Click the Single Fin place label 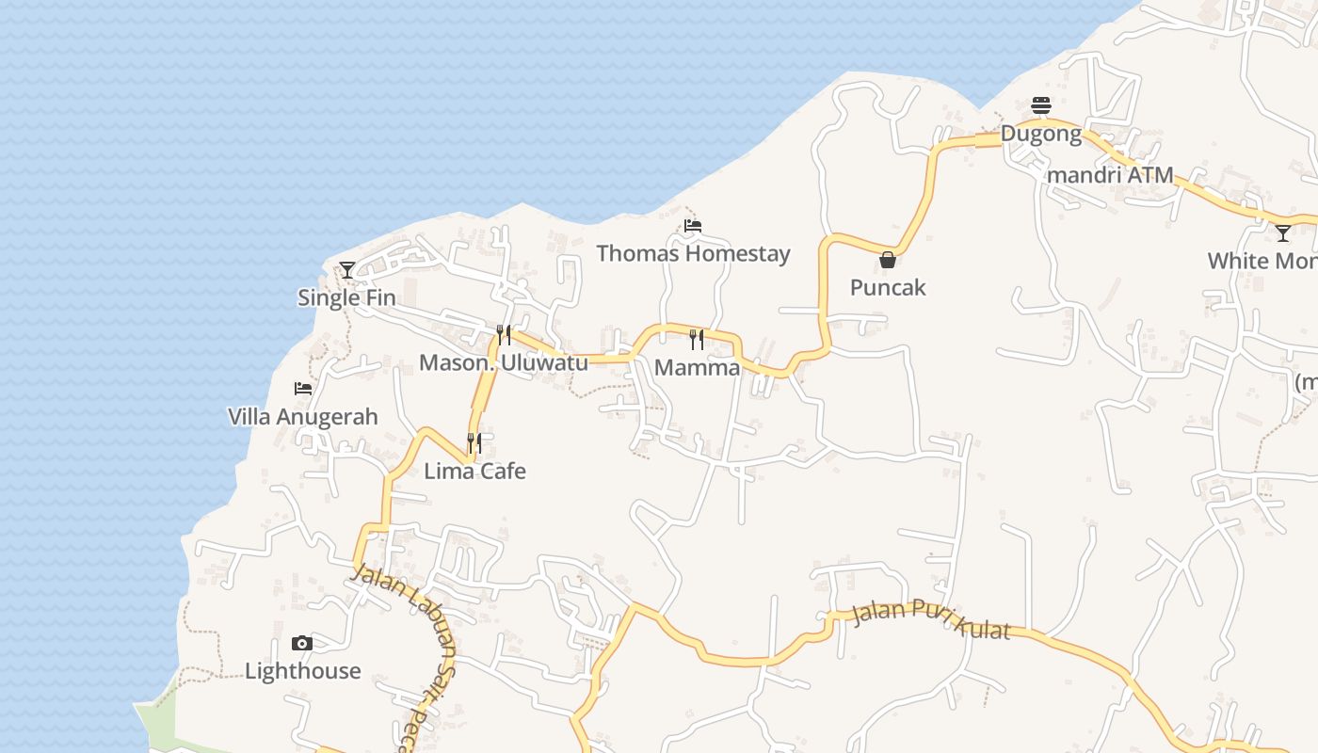click(x=346, y=297)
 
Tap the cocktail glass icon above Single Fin click(x=347, y=270)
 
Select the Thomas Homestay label click(x=693, y=253)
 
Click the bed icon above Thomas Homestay click(x=693, y=226)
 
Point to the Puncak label click(x=888, y=287)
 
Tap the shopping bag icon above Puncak click(x=888, y=260)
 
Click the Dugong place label click(x=1040, y=133)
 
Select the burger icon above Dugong click(x=1040, y=104)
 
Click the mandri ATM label click(x=1110, y=174)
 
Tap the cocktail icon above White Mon click(x=1283, y=232)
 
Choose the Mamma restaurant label click(x=697, y=367)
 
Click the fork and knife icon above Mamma click(x=697, y=339)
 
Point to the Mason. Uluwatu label click(x=504, y=362)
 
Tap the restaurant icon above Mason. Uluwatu click(x=504, y=335)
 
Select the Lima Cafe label click(x=474, y=471)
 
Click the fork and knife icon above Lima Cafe click(x=474, y=442)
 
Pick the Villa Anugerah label click(x=303, y=416)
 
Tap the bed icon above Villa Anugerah click(x=302, y=388)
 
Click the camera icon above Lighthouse click(x=302, y=644)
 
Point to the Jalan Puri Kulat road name click(x=930, y=619)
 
